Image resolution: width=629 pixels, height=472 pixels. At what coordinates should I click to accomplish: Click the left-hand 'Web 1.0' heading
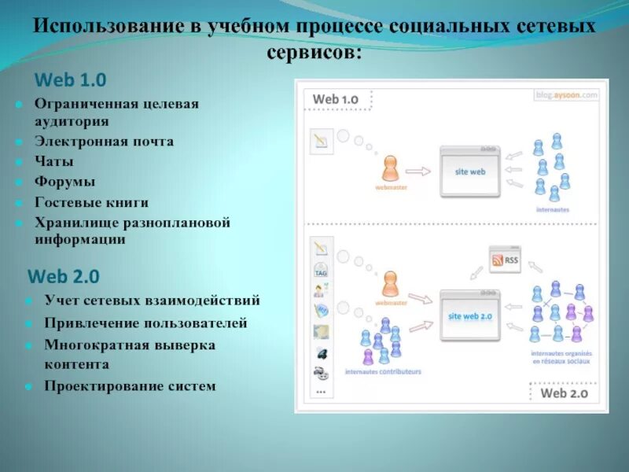(70, 79)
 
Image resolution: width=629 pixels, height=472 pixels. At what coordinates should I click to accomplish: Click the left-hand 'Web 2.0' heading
(64, 276)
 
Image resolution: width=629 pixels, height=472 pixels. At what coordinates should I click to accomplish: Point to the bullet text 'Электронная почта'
(104, 142)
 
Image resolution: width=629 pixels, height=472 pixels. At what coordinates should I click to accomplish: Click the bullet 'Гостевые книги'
(91, 202)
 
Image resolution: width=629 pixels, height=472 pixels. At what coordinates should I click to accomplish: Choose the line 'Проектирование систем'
(130, 386)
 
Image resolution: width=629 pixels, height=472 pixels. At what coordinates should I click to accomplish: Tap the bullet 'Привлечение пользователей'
(146, 323)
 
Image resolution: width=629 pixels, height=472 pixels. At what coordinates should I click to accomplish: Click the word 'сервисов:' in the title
(314, 52)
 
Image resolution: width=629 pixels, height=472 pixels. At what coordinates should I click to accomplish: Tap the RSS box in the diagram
(504, 260)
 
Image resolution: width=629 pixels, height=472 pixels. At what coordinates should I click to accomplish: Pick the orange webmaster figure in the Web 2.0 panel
(390, 285)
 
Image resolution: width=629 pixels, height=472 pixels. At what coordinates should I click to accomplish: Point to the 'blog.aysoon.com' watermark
(567, 94)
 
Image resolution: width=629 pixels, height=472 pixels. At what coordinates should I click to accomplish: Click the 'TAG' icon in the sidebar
(321, 271)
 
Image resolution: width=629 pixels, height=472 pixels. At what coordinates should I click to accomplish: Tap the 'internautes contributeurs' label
(383, 371)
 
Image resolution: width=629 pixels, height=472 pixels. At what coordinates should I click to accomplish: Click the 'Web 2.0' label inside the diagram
(564, 393)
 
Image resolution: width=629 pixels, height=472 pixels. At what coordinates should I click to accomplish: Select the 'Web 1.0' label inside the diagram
(335, 99)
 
